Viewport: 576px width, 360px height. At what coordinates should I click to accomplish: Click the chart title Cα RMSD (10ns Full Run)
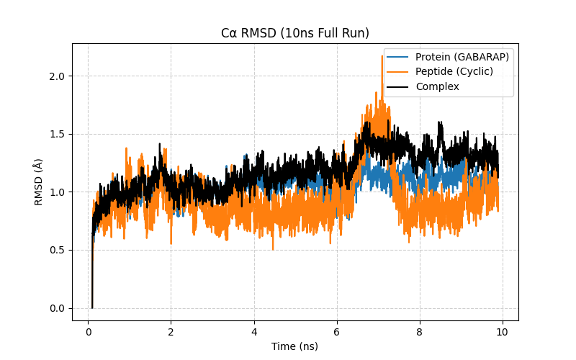coord(294,33)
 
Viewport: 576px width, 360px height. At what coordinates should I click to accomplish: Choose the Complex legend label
coord(438,87)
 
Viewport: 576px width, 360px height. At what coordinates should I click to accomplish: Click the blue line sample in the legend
coord(398,57)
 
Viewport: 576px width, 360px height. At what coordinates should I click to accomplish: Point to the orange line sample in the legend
coord(398,72)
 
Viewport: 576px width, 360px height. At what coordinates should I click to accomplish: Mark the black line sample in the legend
coord(398,87)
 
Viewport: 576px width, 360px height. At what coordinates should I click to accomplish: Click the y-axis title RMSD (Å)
coord(39,181)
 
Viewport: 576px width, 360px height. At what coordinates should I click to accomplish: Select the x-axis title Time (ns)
coord(294,346)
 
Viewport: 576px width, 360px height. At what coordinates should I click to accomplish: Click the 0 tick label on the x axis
coord(88,332)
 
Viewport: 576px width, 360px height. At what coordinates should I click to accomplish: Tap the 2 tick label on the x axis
coord(171,332)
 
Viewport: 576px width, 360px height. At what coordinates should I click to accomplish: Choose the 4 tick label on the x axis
coord(253,332)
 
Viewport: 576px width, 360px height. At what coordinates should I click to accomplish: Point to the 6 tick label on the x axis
coord(336,332)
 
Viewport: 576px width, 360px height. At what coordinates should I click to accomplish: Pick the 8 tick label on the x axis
coord(419,332)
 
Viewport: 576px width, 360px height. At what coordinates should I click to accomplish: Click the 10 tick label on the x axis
coord(502,332)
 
